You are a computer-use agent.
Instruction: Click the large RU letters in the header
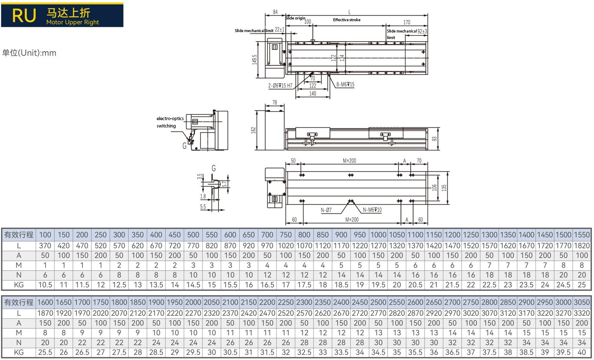coord(24,15)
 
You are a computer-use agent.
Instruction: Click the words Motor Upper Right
coord(72,22)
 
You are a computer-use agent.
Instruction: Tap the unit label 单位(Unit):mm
coord(29,53)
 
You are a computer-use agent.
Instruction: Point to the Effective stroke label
coord(346,20)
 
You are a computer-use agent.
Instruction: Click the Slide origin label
coord(295,18)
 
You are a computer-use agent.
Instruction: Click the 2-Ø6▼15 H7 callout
coord(280,85)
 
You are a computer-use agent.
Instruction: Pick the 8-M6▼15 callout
coord(345,85)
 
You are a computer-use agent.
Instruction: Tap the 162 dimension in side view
coord(254,129)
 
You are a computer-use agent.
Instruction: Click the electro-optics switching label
coord(170,122)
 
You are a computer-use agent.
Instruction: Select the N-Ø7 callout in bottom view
coord(326,210)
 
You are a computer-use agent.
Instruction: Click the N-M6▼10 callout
coord(372,210)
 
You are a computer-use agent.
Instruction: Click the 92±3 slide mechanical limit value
coord(422,31)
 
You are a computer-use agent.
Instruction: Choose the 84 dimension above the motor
coord(275,12)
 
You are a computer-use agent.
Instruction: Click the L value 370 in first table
coord(45,245)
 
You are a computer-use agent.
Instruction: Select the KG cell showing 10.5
coord(45,285)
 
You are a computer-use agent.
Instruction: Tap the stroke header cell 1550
coord(581,235)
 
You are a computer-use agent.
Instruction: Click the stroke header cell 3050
coord(581,302)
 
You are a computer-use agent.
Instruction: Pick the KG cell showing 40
coord(581,352)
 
